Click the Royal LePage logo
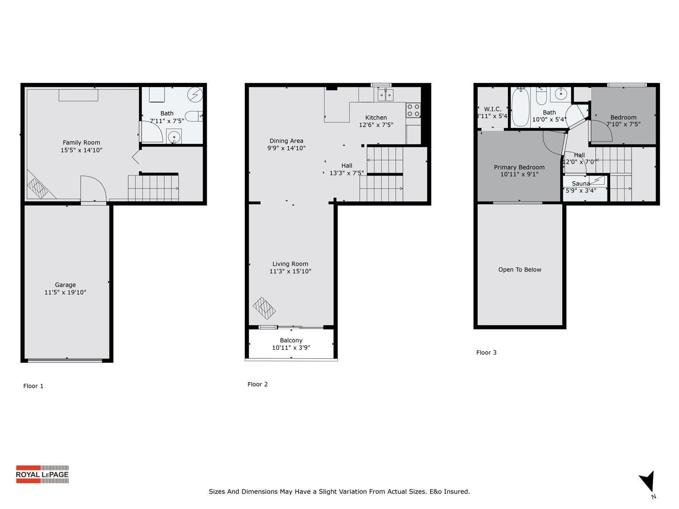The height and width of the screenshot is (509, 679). pos(42,474)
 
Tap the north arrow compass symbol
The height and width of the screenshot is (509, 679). pos(648,481)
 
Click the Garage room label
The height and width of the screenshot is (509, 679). pos(65,285)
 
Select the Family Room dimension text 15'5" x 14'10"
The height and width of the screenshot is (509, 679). pos(81,150)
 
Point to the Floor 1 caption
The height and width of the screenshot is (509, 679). pos(33,386)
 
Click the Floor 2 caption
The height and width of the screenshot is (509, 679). pos(258,384)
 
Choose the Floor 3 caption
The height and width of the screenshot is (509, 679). pos(486,352)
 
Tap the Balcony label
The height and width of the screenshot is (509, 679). pos(291,340)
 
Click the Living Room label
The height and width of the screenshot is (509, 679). pos(290,264)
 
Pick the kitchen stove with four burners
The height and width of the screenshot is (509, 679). pos(413,110)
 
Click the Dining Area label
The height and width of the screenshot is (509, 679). pos(286,141)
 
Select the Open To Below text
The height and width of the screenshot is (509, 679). pos(520,270)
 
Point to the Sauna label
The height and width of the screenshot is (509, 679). pos(581,183)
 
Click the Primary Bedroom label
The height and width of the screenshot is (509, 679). pos(519,167)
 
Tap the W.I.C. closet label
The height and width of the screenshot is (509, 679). pos(493,109)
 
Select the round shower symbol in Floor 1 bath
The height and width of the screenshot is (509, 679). pos(196,95)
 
